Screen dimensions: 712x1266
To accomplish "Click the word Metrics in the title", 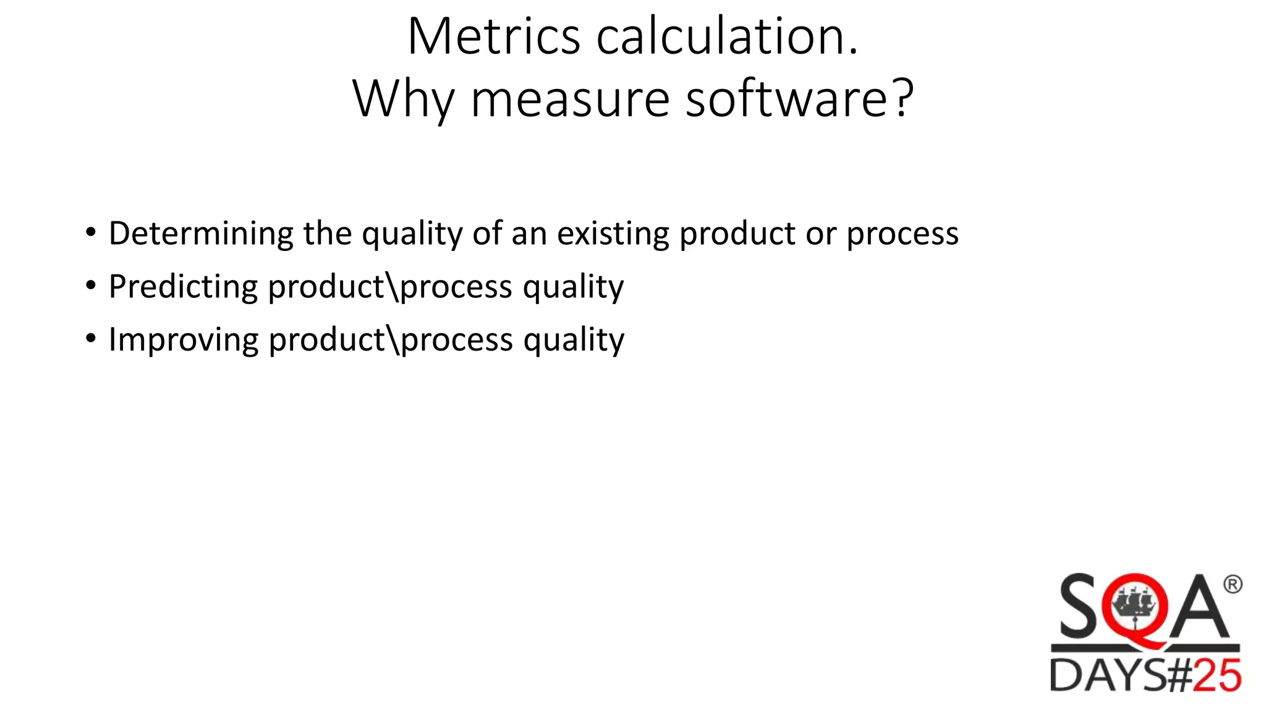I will [x=494, y=37].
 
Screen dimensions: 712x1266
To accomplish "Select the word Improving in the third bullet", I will [x=184, y=340].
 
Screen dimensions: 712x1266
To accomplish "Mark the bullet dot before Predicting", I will [x=91, y=286].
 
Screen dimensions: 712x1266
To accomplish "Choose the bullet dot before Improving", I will [x=91, y=339].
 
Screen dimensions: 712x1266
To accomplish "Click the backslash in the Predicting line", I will [x=393, y=287].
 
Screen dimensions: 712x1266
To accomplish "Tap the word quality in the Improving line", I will [x=574, y=340].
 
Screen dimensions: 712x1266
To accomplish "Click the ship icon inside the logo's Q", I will [x=1134, y=603].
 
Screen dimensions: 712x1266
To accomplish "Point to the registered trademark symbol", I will [x=1232, y=584].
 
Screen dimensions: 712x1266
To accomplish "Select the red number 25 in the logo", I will [x=1217, y=676].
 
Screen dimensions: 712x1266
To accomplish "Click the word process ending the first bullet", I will [x=903, y=234].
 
